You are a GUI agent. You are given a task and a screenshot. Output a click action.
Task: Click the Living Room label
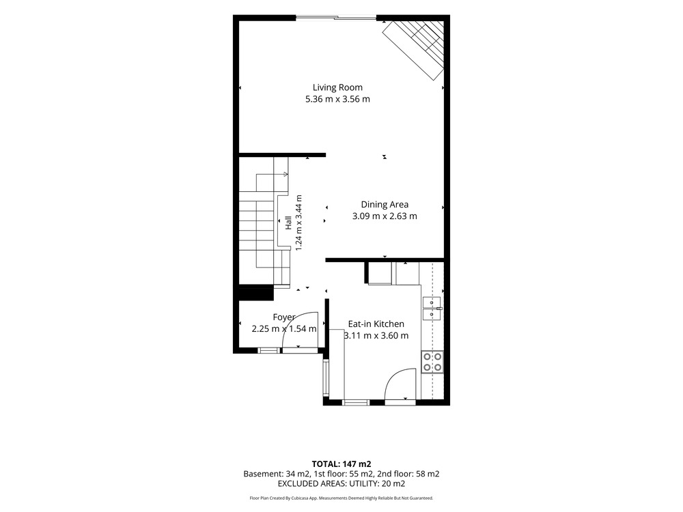click(x=337, y=87)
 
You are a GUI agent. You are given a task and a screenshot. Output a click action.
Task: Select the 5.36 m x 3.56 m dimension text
click(x=337, y=99)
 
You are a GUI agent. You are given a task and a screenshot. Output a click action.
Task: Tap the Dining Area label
click(x=385, y=205)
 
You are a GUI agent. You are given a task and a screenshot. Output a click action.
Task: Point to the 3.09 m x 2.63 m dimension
click(x=385, y=216)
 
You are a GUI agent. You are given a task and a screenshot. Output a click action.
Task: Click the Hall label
click(x=288, y=223)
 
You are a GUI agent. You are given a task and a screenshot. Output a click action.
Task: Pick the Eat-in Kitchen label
click(x=376, y=324)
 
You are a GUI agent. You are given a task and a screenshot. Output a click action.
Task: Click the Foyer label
click(x=284, y=317)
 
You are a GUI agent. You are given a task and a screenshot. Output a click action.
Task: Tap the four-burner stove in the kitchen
click(x=432, y=362)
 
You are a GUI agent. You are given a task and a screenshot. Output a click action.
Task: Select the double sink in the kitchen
click(x=432, y=309)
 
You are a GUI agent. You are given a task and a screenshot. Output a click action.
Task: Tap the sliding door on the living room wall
click(x=336, y=18)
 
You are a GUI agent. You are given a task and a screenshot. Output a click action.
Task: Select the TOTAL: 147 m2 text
click(x=341, y=464)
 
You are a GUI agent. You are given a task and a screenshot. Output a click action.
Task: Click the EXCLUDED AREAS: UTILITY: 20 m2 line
click(x=341, y=484)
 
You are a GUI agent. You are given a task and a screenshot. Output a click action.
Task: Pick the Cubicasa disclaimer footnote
click(x=341, y=498)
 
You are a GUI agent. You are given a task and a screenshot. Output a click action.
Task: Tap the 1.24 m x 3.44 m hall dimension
click(x=299, y=223)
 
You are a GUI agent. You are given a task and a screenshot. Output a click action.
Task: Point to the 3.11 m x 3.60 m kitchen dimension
click(x=376, y=336)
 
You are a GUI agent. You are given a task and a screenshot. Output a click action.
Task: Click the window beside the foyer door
click(x=268, y=350)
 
